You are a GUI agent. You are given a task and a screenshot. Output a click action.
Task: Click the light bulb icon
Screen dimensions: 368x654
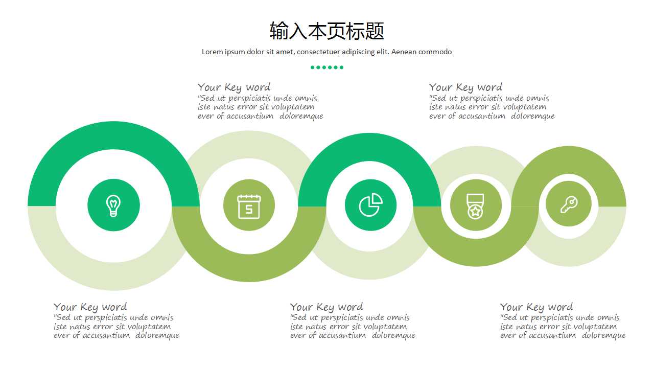113,205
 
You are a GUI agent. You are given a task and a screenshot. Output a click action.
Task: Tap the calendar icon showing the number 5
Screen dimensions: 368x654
249,206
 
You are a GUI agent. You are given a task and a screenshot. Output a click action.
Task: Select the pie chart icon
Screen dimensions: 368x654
370,205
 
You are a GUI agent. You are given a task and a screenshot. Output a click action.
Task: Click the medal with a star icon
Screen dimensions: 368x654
475,206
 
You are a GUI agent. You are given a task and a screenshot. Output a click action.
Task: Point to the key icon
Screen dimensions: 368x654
569,204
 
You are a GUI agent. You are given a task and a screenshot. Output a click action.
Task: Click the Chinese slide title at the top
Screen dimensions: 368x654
327,31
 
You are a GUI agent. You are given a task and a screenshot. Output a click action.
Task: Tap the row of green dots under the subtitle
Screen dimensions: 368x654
327,67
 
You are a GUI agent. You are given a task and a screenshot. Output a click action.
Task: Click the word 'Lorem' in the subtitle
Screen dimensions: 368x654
212,52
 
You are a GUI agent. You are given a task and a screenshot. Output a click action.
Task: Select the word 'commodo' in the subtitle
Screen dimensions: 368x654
435,52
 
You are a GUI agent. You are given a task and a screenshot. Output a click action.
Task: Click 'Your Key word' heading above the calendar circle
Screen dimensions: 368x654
234,87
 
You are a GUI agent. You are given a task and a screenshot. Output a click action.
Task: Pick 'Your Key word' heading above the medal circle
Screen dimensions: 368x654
465,87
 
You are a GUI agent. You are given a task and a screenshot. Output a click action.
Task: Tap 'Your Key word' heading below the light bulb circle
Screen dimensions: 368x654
90,307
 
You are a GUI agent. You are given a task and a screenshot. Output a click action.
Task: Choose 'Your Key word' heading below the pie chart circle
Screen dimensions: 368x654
326,307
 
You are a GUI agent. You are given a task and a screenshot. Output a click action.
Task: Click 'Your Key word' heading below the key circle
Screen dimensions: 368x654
536,307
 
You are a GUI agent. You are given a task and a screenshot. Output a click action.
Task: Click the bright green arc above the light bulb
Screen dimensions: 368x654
113,135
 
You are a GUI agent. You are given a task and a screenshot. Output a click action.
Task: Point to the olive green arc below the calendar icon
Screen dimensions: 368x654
249,268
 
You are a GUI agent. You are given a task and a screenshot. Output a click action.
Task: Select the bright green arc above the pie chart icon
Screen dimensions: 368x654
369,147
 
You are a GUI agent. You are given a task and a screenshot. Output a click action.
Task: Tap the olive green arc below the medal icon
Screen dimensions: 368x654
476,255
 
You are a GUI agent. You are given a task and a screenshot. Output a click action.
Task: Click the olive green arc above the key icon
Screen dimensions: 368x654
569,159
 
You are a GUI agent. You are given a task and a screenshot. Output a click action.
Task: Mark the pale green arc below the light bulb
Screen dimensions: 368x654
113,277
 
